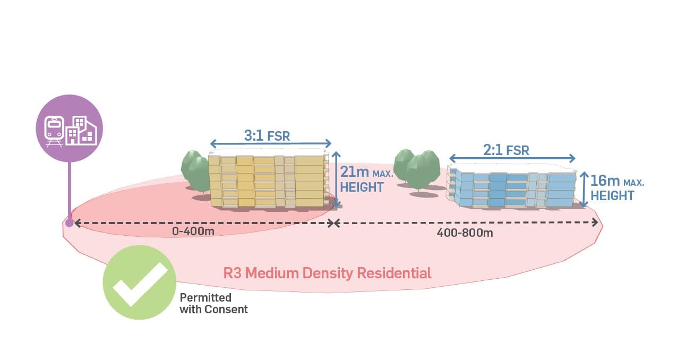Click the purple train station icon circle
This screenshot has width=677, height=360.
pyautogui.click(x=69, y=128)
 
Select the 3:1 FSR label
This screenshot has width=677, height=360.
pyautogui.click(x=267, y=135)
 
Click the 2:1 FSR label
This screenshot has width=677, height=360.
pyautogui.click(x=506, y=150)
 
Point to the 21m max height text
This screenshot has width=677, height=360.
pyautogui.click(x=362, y=179)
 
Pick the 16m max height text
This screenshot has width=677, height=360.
pyautogui.click(x=616, y=187)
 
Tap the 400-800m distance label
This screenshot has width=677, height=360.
pyautogui.click(x=465, y=233)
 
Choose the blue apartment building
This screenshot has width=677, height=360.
pyautogui.click(x=512, y=187)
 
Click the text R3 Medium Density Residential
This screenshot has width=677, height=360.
pyautogui.click(x=327, y=273)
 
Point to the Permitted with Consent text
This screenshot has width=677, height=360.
pyautogui.click(x=213, y=303)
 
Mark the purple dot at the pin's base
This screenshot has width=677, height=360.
pyautogui.click(x=69, y=222)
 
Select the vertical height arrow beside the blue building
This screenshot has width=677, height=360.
pyautogui.click(x=584, y=188)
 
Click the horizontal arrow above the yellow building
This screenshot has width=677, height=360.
pyautogui.click(x=271, y=143)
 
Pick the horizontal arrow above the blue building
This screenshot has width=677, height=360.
pyautogui.click(x=512, y=158)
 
